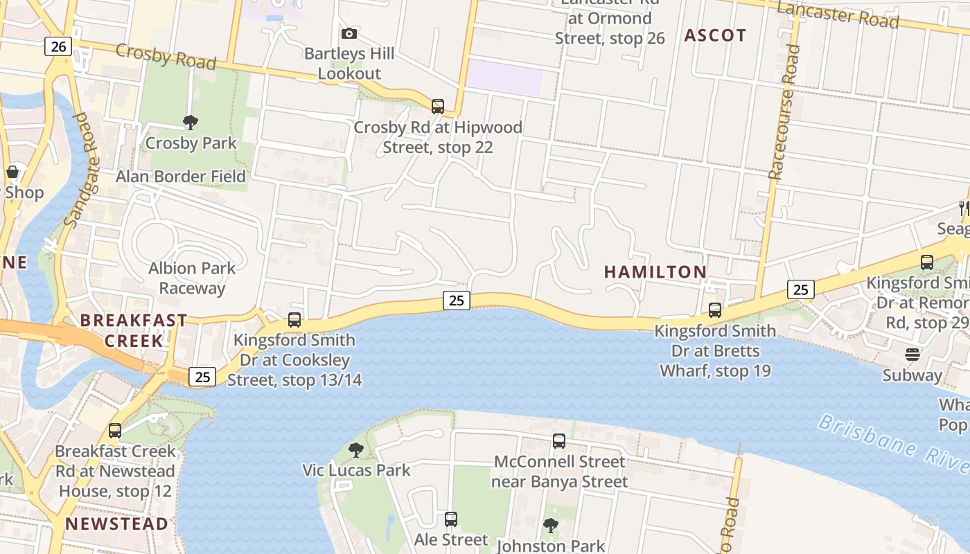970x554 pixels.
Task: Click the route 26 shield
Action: (x=58, y=46)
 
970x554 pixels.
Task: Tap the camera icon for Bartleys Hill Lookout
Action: (x=349, y=33)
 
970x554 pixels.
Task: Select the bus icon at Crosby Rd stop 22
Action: (x=438, y=107)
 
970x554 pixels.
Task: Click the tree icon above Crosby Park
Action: (x=191, y=123)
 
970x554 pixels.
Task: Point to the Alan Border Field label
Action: (x=181, y=177)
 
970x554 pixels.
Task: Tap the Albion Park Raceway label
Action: (x=192, y=278)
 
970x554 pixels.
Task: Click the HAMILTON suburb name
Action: (x=655, y=272)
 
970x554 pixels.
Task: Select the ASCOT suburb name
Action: (x=715, y=35)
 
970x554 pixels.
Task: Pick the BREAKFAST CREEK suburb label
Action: (x=134, y=330)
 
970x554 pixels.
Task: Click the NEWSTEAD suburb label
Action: (x=117, y=524)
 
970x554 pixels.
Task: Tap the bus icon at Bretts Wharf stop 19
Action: (x=715, y=310)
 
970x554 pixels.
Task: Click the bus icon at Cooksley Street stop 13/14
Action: (x=294, y=320)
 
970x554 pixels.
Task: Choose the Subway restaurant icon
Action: (x=912, y=355)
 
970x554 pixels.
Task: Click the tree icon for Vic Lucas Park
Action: (x=356, y=450)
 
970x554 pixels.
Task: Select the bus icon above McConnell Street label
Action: (x=559, y=441)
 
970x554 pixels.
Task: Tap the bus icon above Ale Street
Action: (x=451, y=519)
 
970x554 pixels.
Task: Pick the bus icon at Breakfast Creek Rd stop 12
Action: (x=115, y=431)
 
